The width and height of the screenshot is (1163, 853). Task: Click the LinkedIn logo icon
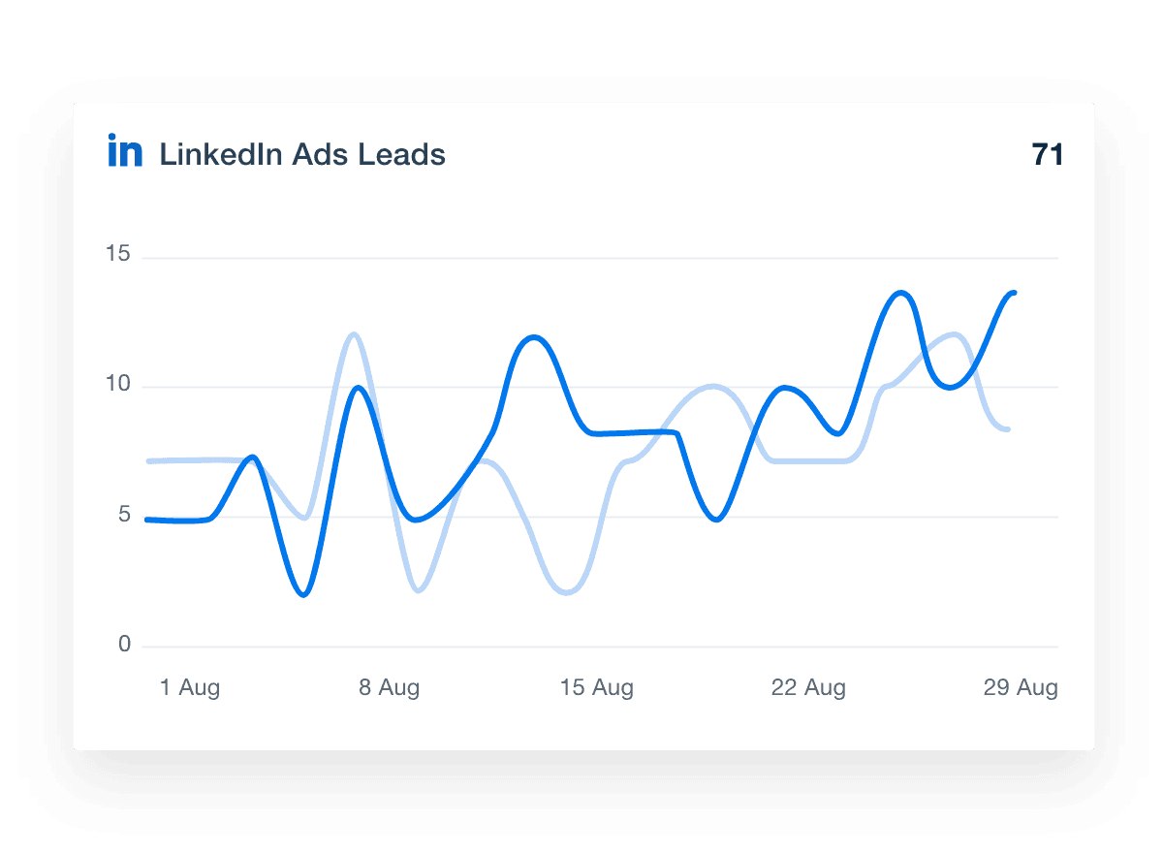click(x=125, y=153)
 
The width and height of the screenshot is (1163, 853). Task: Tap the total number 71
click(x=1048, y=154)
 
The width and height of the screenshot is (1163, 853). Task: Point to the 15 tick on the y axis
click(x=119, y=255)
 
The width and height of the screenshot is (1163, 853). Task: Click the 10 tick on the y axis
click(x=119, y=384)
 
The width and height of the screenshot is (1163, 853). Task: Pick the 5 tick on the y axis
click(x=124, y=514)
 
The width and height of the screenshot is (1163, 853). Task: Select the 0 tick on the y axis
click(x=124, y=645)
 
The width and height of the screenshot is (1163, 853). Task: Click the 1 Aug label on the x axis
click(x=190, y=688)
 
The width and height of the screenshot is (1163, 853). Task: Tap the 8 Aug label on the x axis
click(x=389, y=688)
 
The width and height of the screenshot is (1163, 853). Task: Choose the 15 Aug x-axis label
click(x=597, y=688)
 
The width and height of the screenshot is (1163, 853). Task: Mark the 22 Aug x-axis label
click(x=808, y=688)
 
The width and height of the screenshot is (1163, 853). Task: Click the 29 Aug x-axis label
click(x=1021, y=688)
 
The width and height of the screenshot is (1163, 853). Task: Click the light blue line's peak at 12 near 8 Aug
click(x=354, y=334)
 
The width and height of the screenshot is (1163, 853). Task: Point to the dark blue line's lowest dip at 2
click(x=305, y=594)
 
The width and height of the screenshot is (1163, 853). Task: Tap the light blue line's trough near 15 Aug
click(x=567, y=592)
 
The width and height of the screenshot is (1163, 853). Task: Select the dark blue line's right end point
click(x=1014, y=292)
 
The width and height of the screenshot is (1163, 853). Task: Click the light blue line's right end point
click(x=1009, y=429)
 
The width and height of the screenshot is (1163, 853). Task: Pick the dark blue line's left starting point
click(x=147, y=520)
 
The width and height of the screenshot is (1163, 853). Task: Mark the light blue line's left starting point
click(x=148, y=460)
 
